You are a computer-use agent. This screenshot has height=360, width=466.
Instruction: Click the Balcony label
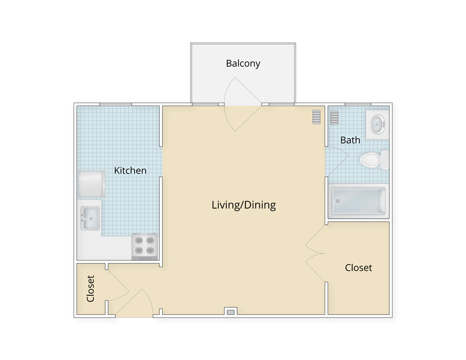click(243, 64)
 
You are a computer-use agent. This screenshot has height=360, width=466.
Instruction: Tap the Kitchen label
click(130, 170)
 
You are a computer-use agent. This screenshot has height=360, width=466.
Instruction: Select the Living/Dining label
click(243, 205)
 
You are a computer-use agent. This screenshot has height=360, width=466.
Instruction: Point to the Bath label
click(350, 140)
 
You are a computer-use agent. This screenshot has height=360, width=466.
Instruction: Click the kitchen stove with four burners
click(144, 246)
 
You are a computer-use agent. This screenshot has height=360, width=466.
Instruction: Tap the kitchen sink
click(90, 219)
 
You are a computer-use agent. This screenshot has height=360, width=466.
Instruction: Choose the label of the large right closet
click(358, 268)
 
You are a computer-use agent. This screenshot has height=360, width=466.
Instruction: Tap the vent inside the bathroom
click(334, 118)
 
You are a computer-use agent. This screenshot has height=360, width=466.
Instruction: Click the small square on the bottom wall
click(230, 311)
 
